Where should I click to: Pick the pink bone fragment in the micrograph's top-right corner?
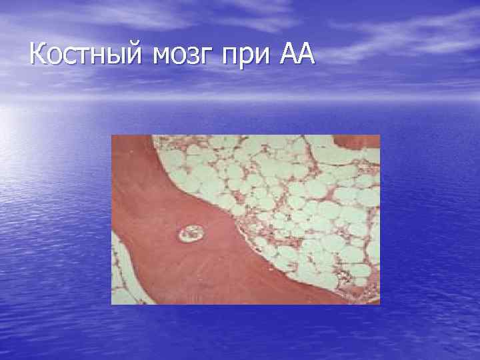[361, 141]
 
